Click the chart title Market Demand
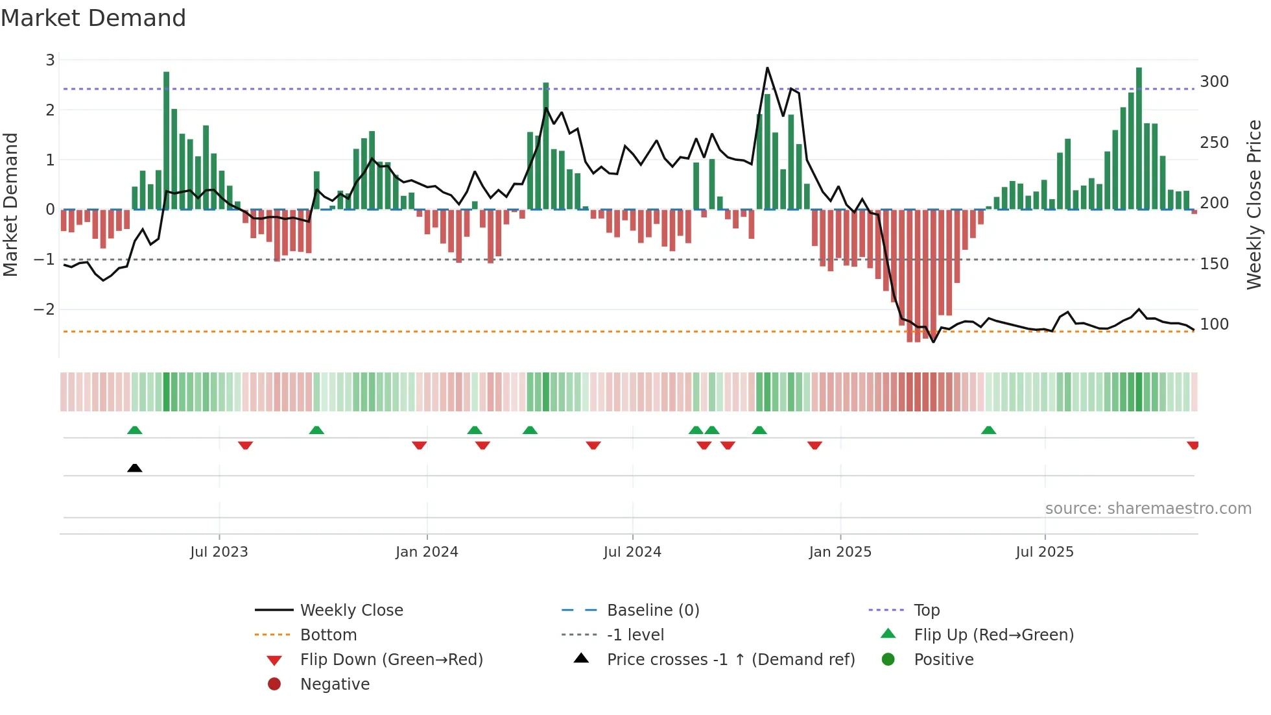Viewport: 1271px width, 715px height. [93, 18]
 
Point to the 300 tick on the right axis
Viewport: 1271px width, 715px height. [1214, 82]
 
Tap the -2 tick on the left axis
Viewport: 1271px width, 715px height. [44, 309]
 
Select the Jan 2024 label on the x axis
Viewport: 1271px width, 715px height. [427, 552]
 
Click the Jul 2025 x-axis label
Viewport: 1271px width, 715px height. [1044, 552]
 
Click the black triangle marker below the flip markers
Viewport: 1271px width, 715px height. [135, 468]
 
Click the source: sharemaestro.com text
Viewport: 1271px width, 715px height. [1148, 509]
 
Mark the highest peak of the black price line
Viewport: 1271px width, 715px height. [767, 67]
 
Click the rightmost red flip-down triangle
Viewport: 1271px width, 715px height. [1192, 445]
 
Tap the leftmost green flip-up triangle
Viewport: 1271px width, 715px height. [135, 430]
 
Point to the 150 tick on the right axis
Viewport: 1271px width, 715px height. [1214, 264]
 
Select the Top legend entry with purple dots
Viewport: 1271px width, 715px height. [926, 611]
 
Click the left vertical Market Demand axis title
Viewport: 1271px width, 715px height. [10, 204]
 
